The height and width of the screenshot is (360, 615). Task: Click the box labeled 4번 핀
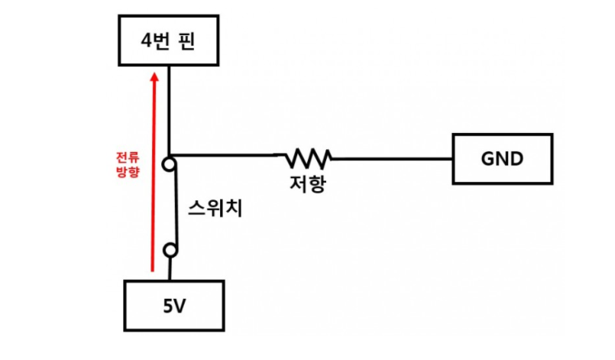coord(168,42)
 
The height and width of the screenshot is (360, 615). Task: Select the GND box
coord(502,159)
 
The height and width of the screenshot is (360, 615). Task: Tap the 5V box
coord(175,306)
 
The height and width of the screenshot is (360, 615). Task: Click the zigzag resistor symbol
coord(308,158)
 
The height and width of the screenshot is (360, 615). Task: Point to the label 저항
coord(308,184)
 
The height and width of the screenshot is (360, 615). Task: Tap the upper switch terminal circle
coord(170,164)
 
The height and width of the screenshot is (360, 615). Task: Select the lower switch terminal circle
coord(172,250)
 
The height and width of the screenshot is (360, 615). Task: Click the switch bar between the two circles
coord(175,206)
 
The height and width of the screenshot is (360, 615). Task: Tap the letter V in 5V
coord(181,306)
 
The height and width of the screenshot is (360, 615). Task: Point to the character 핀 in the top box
coord(189,42)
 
